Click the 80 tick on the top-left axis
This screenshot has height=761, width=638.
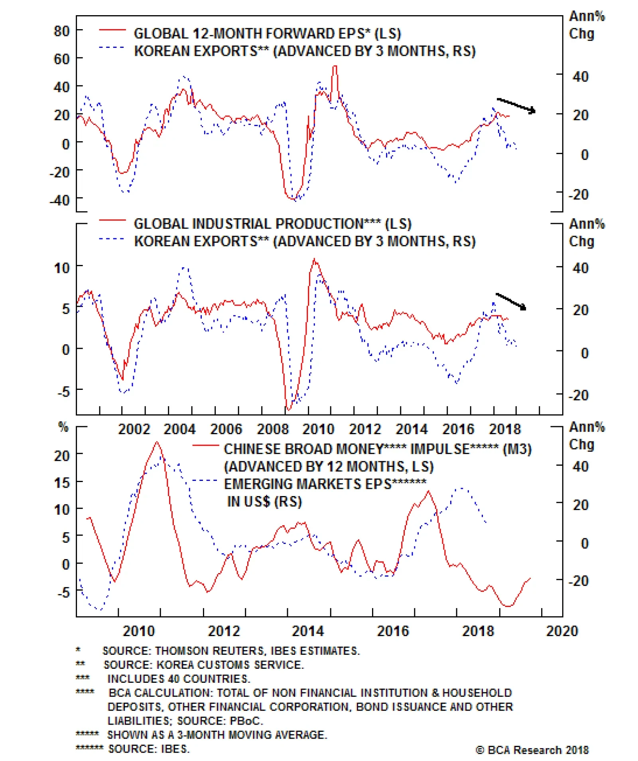62,31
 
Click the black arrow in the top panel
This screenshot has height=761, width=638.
516,105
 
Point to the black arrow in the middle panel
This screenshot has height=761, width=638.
511,301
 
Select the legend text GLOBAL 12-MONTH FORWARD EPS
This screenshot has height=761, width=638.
267,34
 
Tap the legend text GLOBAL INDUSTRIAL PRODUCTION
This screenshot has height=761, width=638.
272,224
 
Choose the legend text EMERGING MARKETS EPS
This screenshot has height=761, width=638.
325,484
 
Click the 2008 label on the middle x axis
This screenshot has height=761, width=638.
272,429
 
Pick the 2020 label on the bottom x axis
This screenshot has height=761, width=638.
562,631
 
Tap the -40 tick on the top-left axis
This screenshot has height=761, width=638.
59,200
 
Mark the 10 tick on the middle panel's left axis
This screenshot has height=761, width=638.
62,268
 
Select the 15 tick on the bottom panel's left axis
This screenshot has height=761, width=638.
62,483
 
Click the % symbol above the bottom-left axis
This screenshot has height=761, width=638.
63,427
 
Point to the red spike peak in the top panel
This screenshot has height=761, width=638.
335,67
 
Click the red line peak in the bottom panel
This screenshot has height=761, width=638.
157,442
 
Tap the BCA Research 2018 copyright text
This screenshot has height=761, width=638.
532,750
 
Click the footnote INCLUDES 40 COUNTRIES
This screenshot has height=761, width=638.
179,679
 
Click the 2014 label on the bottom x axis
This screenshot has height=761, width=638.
308,631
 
